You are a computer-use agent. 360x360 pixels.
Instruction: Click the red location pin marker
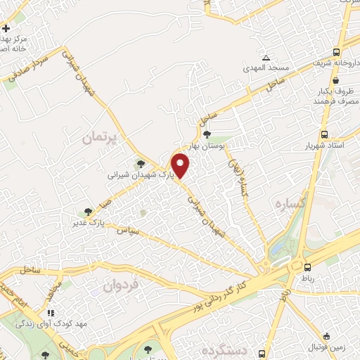click(181, 166)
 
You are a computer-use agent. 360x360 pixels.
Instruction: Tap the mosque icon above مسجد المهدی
click(266, 58)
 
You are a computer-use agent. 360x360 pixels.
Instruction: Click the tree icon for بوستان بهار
click(207, 134)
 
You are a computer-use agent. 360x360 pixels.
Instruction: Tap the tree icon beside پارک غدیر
click(87, 210)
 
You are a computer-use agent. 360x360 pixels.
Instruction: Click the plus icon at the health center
click(6, 29)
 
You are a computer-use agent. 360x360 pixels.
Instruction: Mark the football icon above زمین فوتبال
click(328, 336)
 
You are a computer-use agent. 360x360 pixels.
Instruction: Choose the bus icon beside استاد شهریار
click(324, 134)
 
